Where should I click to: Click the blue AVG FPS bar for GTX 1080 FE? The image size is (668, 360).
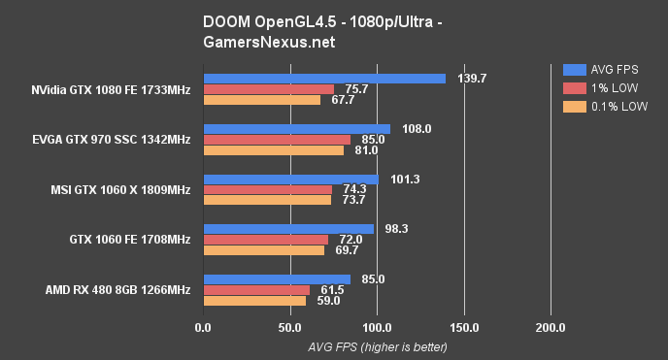click(323, 79)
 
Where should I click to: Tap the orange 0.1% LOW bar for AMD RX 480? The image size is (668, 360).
click(253, 301)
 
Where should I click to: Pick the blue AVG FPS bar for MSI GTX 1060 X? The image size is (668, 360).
click(290, 179)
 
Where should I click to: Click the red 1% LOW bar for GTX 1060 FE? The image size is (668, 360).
click(265, 240)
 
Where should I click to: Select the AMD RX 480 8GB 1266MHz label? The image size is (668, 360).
click(117, 290)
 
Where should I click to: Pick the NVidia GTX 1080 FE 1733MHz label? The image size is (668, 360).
click(111, 89)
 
